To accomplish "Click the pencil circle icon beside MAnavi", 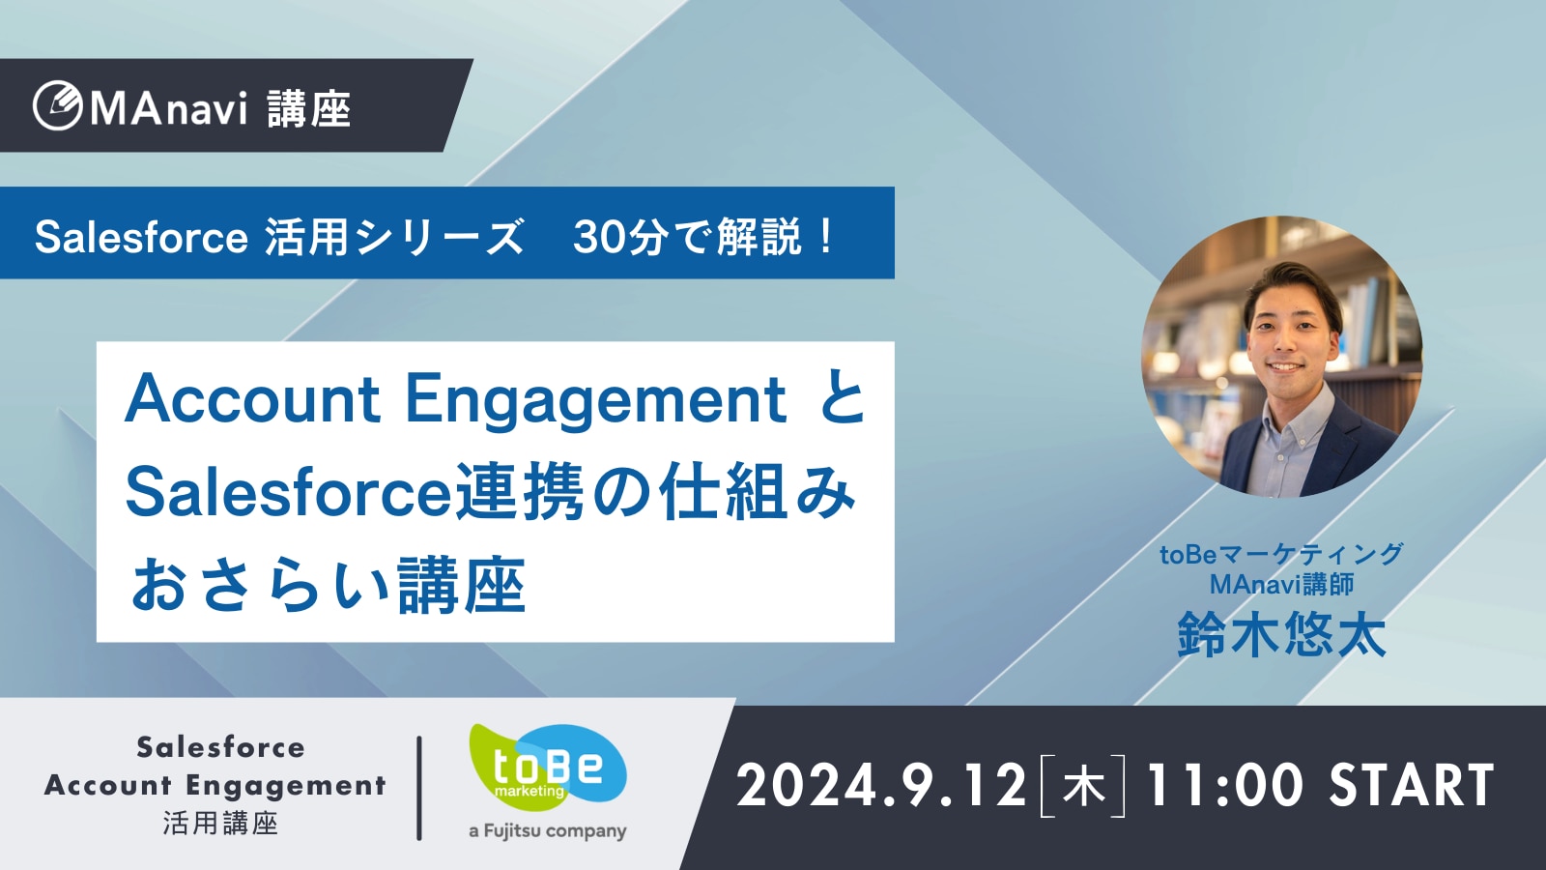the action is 57,105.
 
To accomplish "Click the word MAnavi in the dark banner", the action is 168,107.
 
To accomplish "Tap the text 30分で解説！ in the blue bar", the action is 704,236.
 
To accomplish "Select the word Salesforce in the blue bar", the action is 141,237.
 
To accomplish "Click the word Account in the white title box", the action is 252,399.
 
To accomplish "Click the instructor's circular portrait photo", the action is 1281,357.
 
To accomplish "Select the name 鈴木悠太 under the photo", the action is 1281,634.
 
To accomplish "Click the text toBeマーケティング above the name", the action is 1281,554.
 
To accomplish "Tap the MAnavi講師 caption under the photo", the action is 1281,584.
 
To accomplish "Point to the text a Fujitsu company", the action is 547,830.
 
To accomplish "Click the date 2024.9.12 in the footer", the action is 881,785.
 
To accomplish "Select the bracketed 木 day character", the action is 1083,786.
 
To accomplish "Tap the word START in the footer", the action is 1412,785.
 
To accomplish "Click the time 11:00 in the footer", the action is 1224,785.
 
